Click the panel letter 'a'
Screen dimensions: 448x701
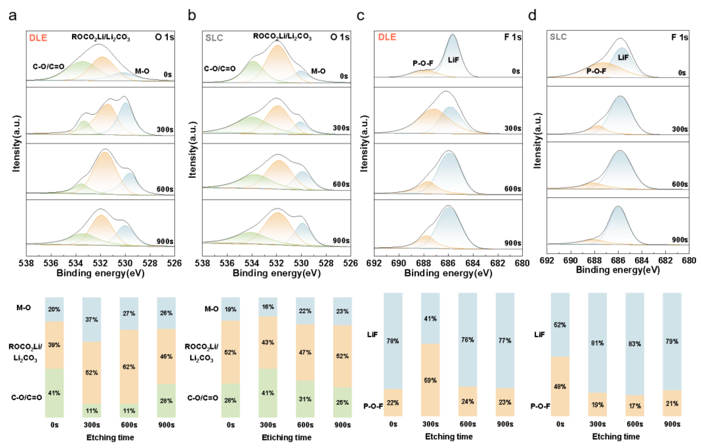tap(12, 16)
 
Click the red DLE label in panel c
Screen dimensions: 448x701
tap(387, 37)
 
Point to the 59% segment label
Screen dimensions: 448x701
tap(430, 380)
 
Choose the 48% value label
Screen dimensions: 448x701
tap(560, 386)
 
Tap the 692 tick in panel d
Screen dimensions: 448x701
tap(547, 260)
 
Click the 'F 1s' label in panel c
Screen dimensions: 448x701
tap(513, 37)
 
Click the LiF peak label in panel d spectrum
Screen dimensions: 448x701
tap(623, 57)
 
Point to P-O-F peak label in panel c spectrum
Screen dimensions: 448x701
tap(423, 63)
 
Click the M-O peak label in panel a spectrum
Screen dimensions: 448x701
tap(142, 71)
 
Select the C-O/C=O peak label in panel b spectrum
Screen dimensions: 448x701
tap(219, 69)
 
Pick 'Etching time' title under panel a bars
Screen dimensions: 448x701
tap(110, 437)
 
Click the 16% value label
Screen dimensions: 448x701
tap(268, 307)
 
